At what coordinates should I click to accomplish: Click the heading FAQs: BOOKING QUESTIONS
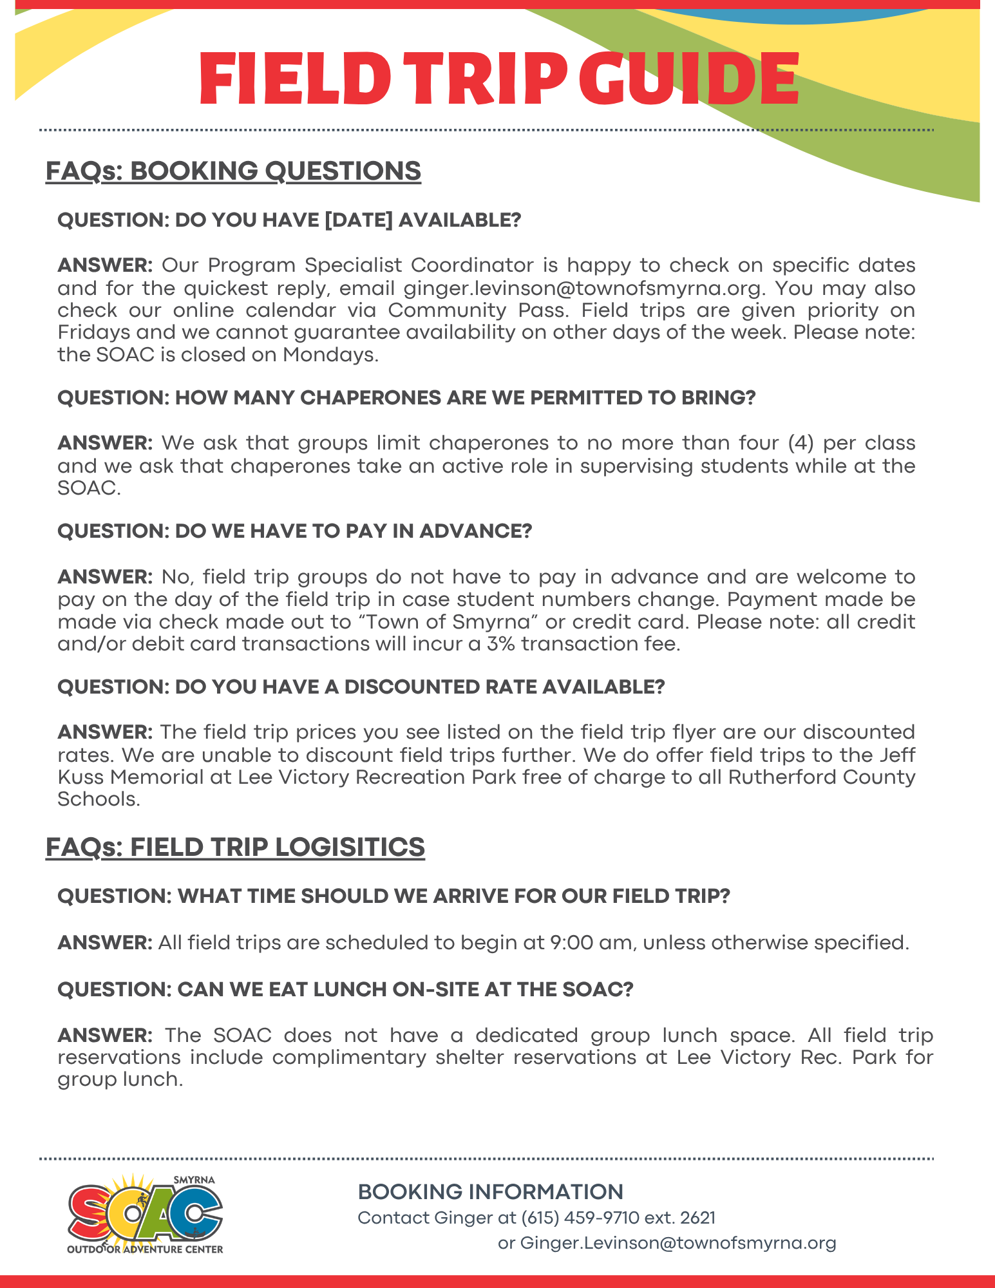[x=233, y=171]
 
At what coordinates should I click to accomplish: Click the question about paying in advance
[x=294, y=531]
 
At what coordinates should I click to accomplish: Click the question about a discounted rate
[x=361, y=687]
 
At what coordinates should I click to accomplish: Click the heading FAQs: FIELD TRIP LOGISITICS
[x=235, y=847]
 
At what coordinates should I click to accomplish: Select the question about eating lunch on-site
[x=345, y=989]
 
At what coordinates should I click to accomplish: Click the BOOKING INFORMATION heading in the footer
[x=490, y=1192]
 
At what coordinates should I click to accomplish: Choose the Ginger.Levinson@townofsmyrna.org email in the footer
[x=678, y=1243]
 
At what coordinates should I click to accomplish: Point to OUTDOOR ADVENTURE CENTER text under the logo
[x=145, y=1249]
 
